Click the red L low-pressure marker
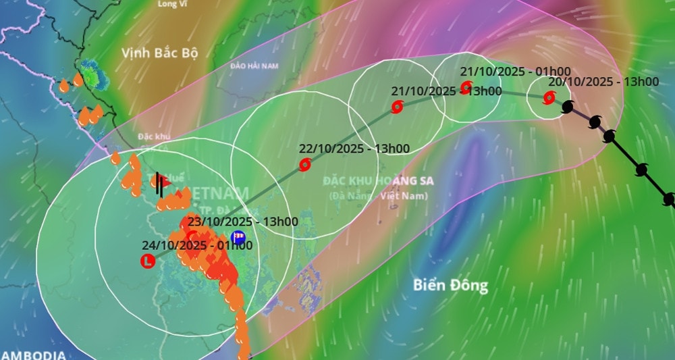coord(146,261)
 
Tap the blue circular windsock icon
coord(238,237)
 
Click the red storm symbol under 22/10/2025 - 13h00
coord(305,164)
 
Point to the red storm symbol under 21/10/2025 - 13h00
coord(397,107)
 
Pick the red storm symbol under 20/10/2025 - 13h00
coord(548,99)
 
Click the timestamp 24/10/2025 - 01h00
coord(197,245)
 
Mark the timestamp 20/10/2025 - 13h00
coord(603,82)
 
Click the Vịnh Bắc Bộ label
coord(160,53)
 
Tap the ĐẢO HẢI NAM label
coord(254,66)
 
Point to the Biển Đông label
coord(451,285)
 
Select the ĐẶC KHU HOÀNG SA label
coord(377,181)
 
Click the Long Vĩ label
coord(171,4)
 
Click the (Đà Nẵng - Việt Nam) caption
coord(379,196)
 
